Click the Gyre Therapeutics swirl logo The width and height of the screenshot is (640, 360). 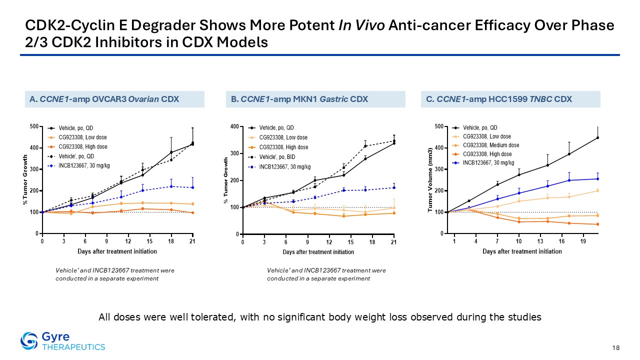pos(29,341)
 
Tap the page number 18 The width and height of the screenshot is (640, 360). pos(616,347)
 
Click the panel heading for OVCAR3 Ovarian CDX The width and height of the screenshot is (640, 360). pos(104,99)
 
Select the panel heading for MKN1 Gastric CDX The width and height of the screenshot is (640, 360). pos(299,99)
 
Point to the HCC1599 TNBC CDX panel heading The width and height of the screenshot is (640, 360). pos(499,99)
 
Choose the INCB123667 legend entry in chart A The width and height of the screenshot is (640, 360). pos(78,165)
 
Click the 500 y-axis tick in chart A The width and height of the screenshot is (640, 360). pos(34,126)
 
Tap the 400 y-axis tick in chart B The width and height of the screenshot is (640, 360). pos(235,126)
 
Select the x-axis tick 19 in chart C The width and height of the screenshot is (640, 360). pos(583,241)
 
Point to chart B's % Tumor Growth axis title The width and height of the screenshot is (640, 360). pos(226,180)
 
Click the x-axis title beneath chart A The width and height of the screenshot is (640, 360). pos(117,251)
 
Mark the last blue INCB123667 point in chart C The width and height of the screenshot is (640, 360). pos(597,179)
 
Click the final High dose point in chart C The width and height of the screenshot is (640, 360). pos(597,224)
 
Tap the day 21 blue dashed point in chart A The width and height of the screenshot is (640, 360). pos(192,187)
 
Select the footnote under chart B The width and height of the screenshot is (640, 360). pos(326,274)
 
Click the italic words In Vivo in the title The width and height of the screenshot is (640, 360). pos(361,25)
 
